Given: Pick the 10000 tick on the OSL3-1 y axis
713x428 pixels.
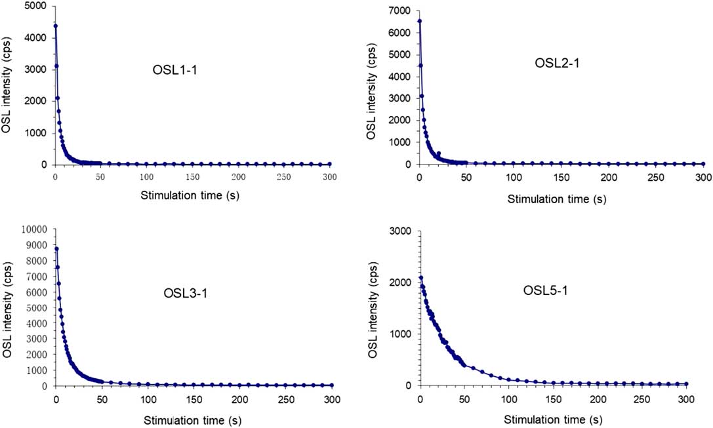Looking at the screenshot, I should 33,229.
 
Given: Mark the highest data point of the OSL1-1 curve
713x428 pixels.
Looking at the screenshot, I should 56,26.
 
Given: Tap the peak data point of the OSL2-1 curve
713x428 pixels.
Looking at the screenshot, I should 420,21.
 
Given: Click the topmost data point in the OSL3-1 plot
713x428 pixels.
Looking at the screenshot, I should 56,248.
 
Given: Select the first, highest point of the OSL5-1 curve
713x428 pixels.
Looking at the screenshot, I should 420,278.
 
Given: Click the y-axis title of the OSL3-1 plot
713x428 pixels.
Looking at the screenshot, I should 7,305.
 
